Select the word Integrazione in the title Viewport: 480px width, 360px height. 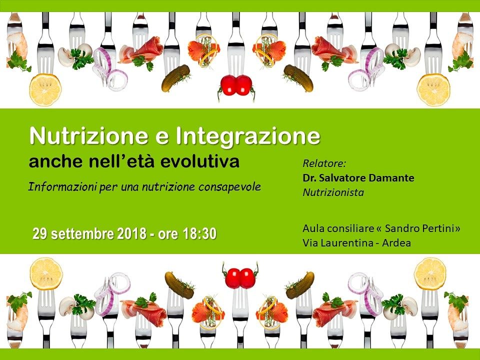click(248, 137)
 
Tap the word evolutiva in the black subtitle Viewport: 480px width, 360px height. click(199, 161)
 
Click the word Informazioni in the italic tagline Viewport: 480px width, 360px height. click(62, 186)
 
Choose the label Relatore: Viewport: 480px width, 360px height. click(324, 163)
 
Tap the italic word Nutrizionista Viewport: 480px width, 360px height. click(333, 192)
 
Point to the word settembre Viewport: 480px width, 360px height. click(82, 234)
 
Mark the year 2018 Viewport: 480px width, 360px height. click(131, 234)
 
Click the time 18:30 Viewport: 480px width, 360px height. click(199, 234)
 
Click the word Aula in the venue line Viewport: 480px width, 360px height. click(312, 228)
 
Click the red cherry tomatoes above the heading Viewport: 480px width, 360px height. click(236, 85)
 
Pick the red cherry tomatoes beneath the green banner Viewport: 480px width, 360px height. click(240, 277)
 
